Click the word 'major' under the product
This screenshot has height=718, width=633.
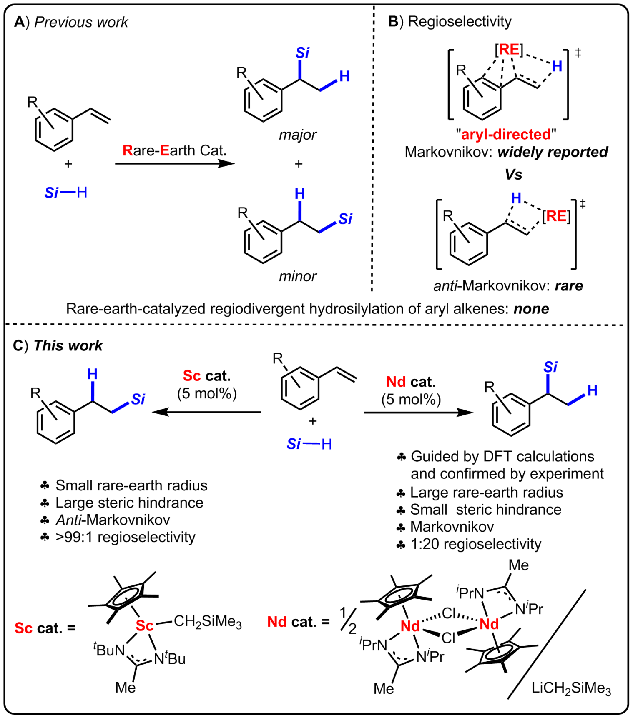pos(297,135)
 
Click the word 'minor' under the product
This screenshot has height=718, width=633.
pos(297,276)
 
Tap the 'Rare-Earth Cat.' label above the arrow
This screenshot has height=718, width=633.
pos(174,150)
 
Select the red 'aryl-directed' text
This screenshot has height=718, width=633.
pos(506,134)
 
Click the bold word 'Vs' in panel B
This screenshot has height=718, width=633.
pos(513,174)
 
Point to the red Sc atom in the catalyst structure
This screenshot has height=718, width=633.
pos(144,626)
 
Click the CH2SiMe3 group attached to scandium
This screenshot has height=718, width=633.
pos(207,622)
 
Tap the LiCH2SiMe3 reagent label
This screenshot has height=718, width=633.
pos(571,688)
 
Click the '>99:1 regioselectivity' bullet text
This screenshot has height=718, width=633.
pos(125,537)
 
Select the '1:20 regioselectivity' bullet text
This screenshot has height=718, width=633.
pos(476,544)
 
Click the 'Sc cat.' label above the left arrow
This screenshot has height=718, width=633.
pos(206,376)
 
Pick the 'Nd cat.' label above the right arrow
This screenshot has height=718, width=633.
pos(411,382)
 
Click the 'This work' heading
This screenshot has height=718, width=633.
pos(68,345)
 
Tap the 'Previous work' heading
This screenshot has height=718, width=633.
pos(81,22)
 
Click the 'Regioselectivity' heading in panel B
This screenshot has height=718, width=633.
pos(459,21)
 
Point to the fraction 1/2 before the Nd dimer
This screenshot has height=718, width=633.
pos(347,620)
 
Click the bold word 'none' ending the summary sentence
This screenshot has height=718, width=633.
pos(531,309)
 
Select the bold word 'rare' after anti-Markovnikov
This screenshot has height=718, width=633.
pos(568,286)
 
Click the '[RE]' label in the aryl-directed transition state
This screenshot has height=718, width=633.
pos(509,50)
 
